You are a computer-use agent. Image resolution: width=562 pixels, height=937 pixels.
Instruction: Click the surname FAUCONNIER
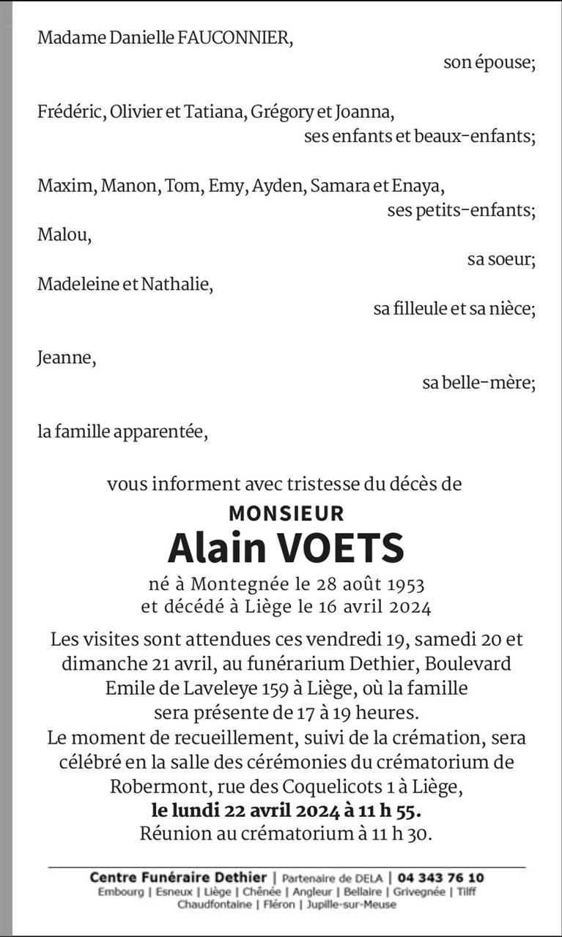coord(235,38)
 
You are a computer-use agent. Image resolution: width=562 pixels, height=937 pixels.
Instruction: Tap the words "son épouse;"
coord(489,63)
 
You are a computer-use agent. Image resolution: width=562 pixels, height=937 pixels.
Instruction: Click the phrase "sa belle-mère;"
coord(478,383)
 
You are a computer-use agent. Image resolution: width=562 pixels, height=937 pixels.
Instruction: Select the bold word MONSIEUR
coord(286,512)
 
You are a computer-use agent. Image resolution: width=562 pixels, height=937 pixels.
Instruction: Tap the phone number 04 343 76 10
coord(440,878)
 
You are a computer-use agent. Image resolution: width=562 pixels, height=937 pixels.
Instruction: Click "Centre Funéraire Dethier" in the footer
coord(178,878)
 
